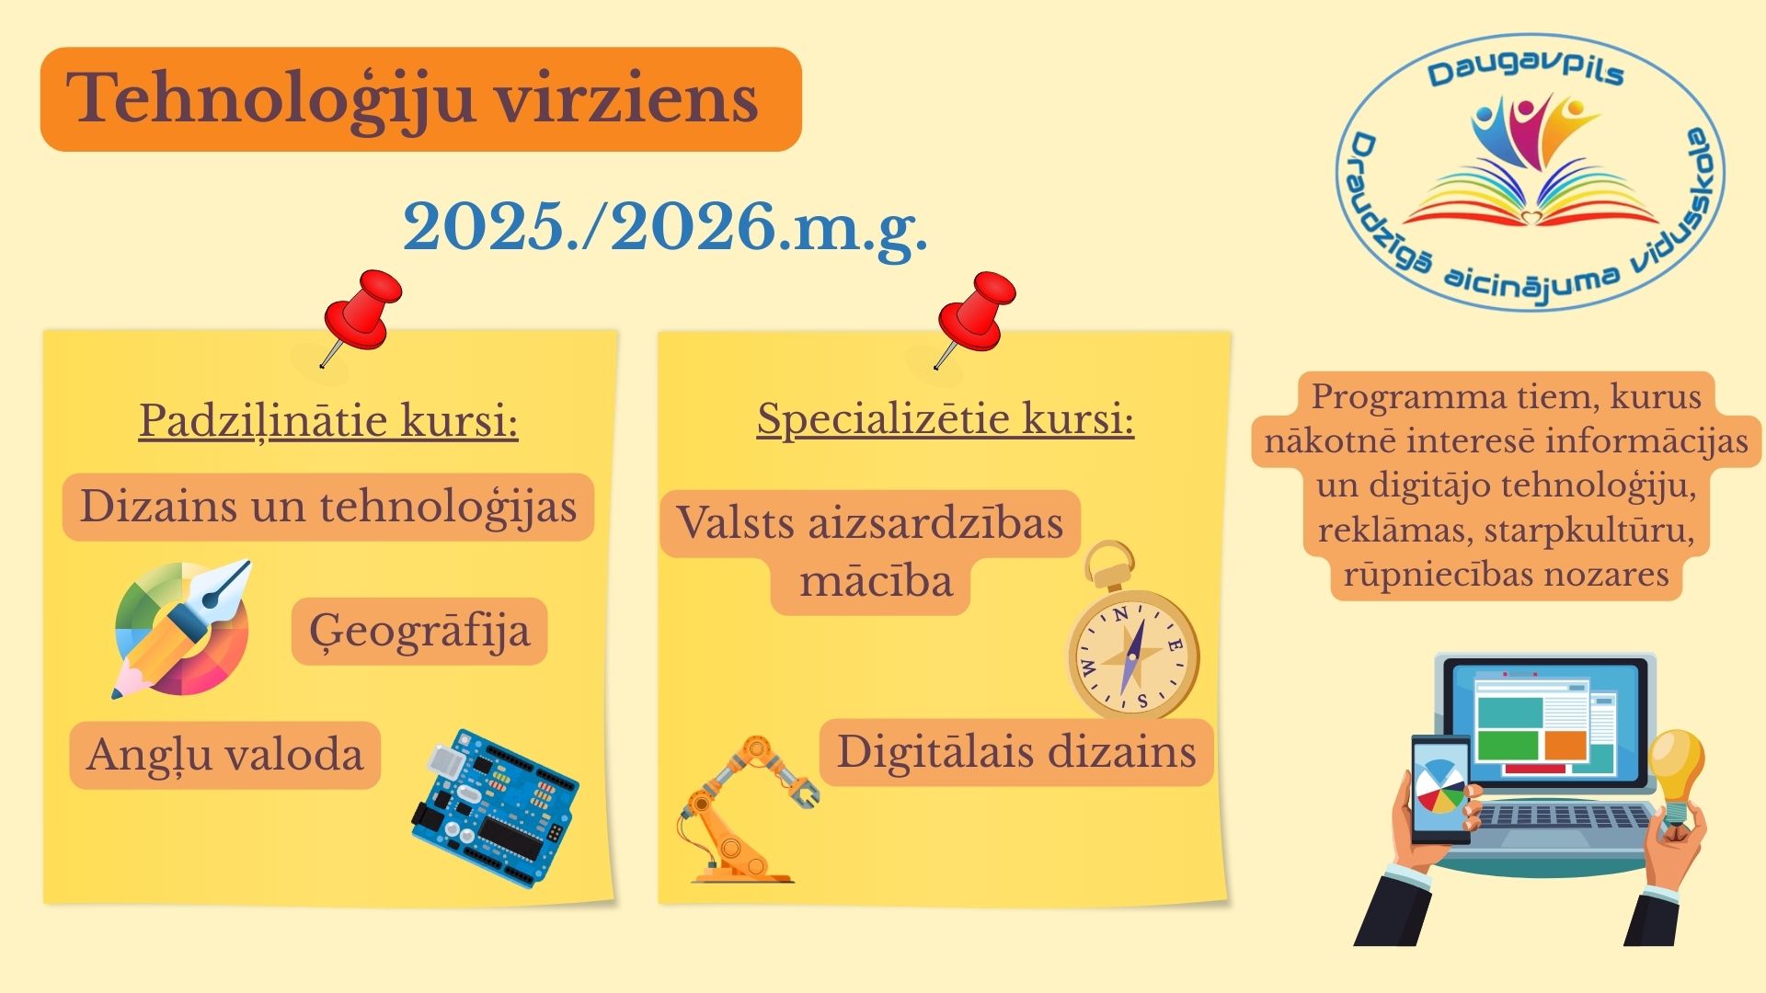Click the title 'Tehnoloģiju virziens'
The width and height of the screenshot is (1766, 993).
(413, 99)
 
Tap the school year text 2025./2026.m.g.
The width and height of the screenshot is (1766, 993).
(665, 228)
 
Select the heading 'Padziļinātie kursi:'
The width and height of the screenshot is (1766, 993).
(328, 421)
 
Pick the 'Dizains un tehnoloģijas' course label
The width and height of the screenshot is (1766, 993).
(328, 507)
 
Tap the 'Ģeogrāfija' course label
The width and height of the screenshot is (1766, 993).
(419, 631)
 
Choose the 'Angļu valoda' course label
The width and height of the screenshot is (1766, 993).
(225, 755)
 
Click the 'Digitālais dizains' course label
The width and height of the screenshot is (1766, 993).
(1016, 752)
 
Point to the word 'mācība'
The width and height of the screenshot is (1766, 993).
(876, 582)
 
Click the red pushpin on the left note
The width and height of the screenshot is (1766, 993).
(361, 314)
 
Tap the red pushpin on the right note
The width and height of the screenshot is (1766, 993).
(975, 317)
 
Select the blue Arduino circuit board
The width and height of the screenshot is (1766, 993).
(495, 808)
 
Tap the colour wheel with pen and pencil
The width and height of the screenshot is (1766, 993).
(182, 629)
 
